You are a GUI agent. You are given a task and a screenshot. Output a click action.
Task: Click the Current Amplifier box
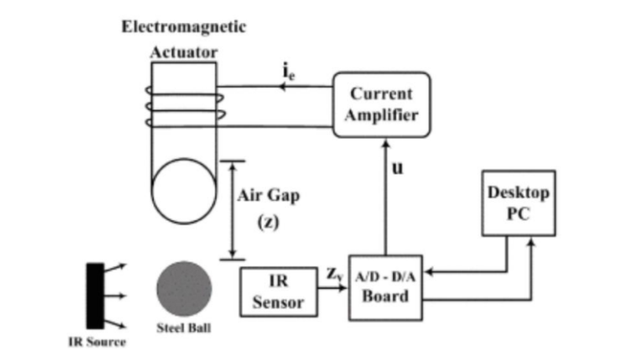pos(381,105)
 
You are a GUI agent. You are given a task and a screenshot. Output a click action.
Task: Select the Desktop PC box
pos(518,203)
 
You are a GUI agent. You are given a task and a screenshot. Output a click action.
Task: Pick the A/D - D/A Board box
pos(384,288)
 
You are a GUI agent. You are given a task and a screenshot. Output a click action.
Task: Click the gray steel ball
pos(184,288)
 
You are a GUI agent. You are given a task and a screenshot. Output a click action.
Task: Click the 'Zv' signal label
pos(333,275)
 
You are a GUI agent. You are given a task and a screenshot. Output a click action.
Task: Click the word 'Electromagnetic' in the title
pos(183,26)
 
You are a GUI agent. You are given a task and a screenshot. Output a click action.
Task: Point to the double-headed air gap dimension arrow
pos(231,208)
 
